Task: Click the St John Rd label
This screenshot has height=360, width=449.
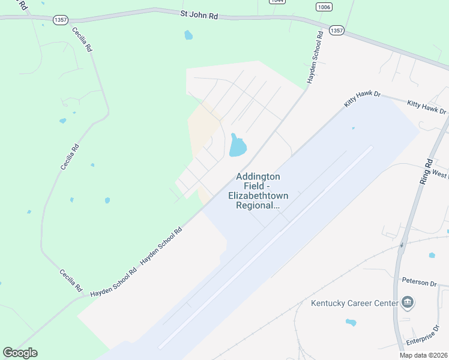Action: [199, 15]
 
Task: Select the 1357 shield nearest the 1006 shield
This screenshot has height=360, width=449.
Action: [336, 29]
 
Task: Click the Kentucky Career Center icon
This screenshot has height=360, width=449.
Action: [408, 302]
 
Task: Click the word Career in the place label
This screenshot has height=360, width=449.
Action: [363, 303]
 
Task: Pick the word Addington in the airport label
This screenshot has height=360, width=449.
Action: [258, 176]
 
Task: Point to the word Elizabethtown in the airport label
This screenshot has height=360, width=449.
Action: [258, 196]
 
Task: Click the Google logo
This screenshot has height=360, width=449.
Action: [20, 353]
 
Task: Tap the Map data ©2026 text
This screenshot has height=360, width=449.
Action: [423, 355]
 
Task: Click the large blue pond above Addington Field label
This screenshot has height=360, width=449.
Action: [238, 146]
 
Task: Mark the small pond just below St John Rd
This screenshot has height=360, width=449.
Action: [188, 35]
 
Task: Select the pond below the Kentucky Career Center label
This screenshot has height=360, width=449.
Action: [351, 322]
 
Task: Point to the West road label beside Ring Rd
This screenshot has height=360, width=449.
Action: [440, 176]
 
